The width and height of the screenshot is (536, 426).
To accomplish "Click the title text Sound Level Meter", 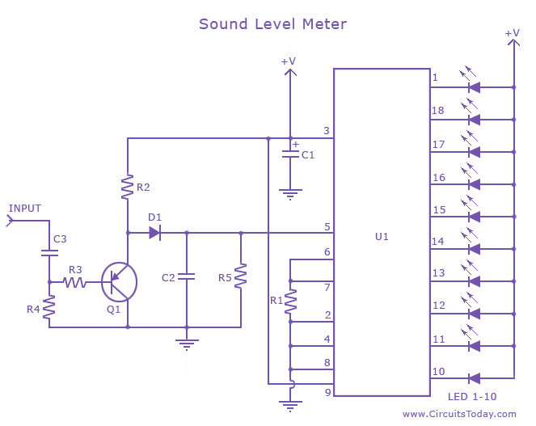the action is click(272, 24).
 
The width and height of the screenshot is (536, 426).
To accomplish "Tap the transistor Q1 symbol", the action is click(120, 282).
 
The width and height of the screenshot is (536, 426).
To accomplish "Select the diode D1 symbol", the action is click(155, 233).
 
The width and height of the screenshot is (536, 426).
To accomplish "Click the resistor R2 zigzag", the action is click(128, 187).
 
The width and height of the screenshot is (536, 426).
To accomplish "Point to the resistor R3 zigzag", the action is click(75, 282).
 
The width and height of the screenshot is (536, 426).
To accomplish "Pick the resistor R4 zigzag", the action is click(49, 307).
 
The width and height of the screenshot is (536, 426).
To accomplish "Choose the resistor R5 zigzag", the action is click(241, 276).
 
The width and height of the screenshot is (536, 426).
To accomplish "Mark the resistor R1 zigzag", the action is click(290, 302).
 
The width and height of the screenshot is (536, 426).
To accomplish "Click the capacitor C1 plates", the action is click(290, 154).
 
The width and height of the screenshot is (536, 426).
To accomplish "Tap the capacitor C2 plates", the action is click(187, 276).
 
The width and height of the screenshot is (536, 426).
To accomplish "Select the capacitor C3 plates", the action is click(49, 253).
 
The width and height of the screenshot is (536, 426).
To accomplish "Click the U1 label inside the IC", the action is click(382, 237).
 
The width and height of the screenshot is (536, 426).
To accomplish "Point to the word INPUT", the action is click(25, 209).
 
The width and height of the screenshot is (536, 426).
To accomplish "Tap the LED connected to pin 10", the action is click(474, 378).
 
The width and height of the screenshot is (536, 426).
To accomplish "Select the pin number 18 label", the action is click(438, 111).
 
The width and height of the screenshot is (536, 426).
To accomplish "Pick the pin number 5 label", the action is click(327, 226).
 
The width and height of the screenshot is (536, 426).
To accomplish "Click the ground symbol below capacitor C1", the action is click(290, 194).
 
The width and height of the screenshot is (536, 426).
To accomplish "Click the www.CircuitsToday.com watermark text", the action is click(459, 414).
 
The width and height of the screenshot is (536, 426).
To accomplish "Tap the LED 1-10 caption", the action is click(472, 397).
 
